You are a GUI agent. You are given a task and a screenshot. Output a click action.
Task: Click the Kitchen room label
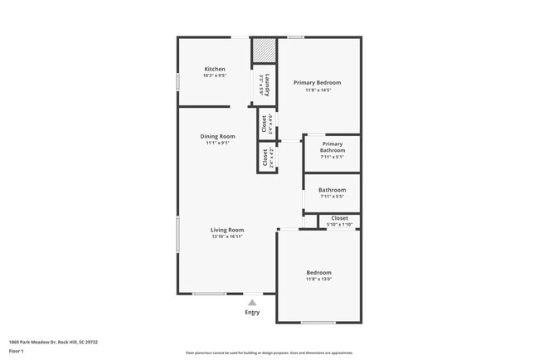click(x=215, y=69)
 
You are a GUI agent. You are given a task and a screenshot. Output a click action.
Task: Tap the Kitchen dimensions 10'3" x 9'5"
click(x=215, y=75)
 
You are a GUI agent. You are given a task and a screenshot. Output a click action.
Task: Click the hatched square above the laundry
click(x=264, y=50)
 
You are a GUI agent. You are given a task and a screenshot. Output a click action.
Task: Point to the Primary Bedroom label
click(x=318, y=83)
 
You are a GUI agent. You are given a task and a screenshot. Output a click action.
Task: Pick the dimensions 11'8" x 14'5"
click(x=318, y=90)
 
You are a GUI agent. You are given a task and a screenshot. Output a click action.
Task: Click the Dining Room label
click(x=217, y=136)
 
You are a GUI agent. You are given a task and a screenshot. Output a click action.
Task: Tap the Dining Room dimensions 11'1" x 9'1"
click(x=217, y=143)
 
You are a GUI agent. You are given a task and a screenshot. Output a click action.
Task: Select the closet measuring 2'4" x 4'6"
click(x=267, y=124)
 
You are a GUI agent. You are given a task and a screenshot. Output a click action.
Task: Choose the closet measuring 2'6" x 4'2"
click(x=267, y=158)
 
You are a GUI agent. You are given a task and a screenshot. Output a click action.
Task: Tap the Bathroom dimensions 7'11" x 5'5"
click(x=332, y=197)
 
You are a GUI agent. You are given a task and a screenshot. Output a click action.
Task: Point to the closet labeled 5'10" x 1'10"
click(x=339, y=221)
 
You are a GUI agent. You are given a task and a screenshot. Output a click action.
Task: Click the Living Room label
click(x=226, y=230)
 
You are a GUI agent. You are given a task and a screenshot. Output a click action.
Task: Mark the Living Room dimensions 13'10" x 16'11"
click(x=226, y=236)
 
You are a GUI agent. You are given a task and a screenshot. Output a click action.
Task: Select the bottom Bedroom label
click(x=318, y=273)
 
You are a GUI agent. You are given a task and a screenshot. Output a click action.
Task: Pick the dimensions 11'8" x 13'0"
click(x=318, y=280)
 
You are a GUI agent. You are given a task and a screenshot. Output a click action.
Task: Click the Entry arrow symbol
click(x=252, y=303)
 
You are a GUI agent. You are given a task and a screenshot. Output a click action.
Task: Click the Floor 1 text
click(x=17, y=351)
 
